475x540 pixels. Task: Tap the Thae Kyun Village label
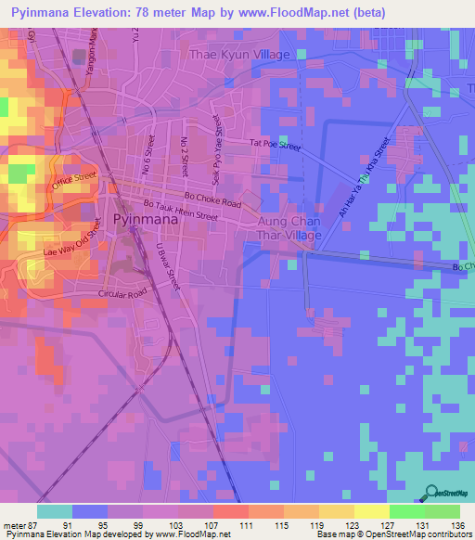coord(239,55)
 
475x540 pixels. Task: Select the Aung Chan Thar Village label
coord(283,229)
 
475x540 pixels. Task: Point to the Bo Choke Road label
coord(212,199)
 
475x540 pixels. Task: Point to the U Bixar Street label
coord(166,267)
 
